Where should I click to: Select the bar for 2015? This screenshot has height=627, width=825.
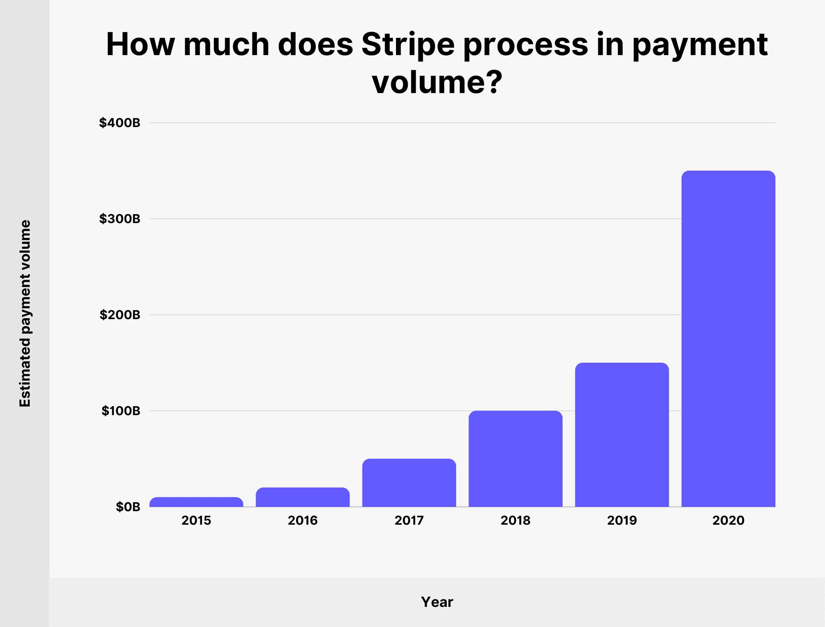(196, 502)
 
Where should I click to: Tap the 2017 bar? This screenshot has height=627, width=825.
(409, 482)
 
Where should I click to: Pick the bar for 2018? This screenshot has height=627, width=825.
(515, 459)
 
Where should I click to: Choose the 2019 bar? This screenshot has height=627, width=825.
(622, 435)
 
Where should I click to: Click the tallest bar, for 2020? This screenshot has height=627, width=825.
(728, 339)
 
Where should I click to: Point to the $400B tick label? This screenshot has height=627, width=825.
(120, 122)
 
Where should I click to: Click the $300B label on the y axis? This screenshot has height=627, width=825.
(120, 219)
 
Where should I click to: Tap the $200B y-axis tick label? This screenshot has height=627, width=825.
(120, 314)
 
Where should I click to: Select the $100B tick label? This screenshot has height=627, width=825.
(121, 411)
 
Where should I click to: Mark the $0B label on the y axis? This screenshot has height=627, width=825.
(128, 507)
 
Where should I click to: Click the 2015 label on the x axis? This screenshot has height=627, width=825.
(196, 520)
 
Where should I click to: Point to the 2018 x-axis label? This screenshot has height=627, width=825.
(515, 520)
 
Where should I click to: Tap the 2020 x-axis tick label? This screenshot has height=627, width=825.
(728, 520)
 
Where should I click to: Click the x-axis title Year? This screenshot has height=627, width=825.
(437, 602)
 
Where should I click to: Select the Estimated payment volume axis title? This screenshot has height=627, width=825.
(25, 313)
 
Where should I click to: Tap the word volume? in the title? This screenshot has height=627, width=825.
(437, 82)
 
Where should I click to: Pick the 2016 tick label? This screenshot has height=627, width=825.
(303, 520)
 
